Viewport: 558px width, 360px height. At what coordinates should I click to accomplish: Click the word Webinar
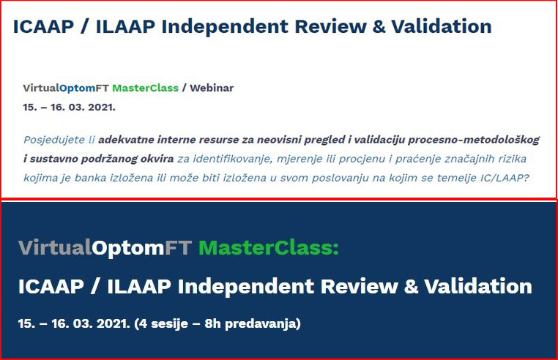point(212,88)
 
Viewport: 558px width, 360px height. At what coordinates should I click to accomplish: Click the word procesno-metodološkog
point(474,140)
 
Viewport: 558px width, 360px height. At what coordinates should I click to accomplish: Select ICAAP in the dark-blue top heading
point(43,26)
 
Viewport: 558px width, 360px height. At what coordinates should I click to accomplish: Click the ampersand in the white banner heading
point(411,287)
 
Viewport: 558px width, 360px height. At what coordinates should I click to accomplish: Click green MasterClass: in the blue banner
point(269,247)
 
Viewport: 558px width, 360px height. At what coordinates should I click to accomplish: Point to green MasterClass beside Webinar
point(145,88)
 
